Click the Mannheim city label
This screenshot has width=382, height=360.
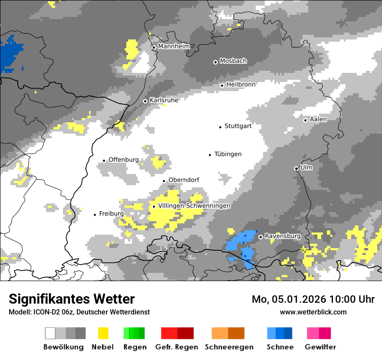tap(174, 46)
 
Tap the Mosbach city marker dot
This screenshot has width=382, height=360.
tap(215, 62)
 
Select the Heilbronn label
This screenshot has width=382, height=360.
tap(241, 85)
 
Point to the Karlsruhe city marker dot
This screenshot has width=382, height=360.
tap(145, 101)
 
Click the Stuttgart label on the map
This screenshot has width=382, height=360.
tap(238, 126)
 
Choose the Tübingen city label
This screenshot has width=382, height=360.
tap(228, 154)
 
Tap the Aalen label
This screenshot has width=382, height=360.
tap(318, 119)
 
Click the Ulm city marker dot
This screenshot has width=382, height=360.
tap(296, 168)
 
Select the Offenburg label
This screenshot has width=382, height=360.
tap(124, 160)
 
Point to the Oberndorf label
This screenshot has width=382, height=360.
tap(184, 180)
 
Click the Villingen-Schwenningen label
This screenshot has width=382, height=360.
tap(194, 206)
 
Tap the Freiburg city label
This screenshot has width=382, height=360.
tap(111, 213)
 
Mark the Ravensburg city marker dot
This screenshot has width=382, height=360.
tap(260, 237)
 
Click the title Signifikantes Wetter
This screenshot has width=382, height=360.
tap(72, 299)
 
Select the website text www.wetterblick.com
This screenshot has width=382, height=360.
tap(313, 312)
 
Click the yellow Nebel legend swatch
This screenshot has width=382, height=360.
tap(103, 333)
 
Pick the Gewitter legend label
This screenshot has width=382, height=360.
tap(320, 347)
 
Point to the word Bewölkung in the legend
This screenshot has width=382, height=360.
tap(63, 347)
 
